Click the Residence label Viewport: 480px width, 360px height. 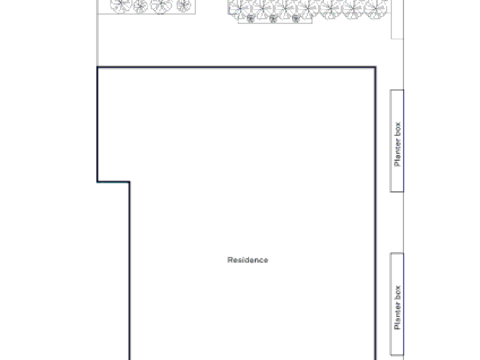click(247, 260)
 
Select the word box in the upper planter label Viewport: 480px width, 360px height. click(397, 129)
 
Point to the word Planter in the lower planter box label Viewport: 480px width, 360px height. click(397, 316)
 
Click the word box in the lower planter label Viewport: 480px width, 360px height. click(397, 293)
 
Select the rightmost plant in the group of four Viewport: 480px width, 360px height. click(184, 5)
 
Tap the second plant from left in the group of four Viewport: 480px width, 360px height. click(141, 6)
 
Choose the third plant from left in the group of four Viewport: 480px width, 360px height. click(161, 5)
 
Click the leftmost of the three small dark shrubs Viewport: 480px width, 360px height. click(250, 19)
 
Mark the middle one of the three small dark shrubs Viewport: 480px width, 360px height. click(273, 19)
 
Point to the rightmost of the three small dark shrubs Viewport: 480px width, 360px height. click(295, 19)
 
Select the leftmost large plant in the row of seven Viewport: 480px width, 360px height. click(240, 9)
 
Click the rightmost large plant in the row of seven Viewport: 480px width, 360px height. click(376, 9)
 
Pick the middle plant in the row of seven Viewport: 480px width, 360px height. click(308, 9)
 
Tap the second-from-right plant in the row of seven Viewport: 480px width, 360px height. click(353, 9)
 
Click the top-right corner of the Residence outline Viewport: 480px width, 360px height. click(375, 67)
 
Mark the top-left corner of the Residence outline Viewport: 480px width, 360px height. click(97, 67)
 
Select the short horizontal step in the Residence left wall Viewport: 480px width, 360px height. click(113, 182)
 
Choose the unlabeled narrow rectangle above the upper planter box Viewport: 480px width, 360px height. click(397, 19)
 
